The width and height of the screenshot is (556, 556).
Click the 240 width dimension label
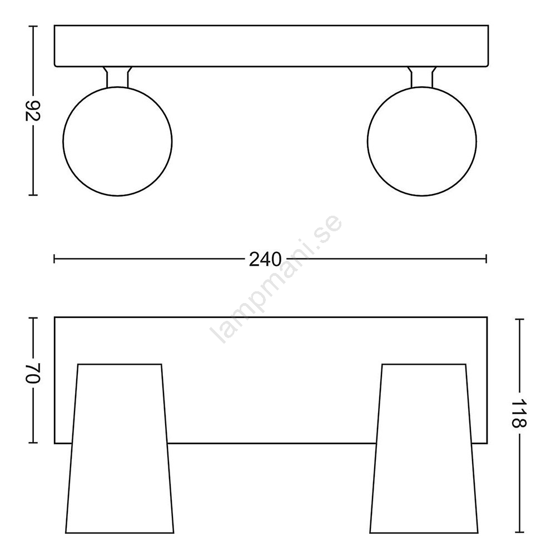(265, 260)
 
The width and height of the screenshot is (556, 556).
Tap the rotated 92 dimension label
(33, 111)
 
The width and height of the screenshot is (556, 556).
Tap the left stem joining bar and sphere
(117, 77)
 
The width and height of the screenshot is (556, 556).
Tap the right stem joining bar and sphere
(422, 77)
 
